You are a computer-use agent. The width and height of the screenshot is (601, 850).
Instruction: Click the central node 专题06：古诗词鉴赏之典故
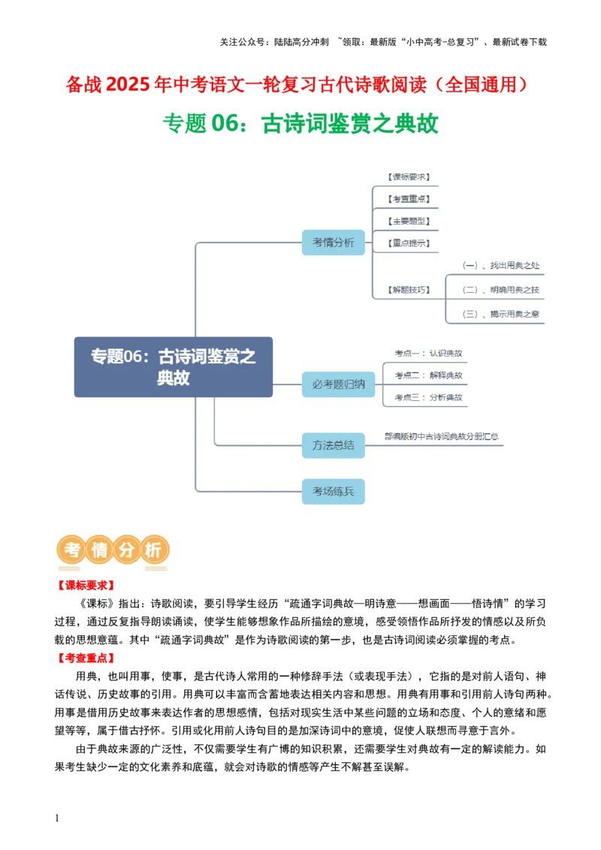pos(174,367)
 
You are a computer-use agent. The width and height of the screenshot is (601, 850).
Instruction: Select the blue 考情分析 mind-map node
pos(333,243)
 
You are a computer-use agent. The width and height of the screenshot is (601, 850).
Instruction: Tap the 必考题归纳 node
pos(338,384)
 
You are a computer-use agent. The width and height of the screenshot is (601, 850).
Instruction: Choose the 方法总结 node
pos(333,445)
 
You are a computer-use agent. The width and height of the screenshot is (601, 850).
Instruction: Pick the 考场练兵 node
pos(333,491)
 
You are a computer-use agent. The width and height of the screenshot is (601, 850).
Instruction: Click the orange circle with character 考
pos(74,550)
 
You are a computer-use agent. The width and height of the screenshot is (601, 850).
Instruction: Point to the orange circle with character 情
pos(99,550)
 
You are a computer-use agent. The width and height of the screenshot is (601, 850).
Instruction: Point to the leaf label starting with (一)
pos(501,265)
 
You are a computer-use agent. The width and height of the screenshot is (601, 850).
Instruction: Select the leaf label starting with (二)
pos(501,289)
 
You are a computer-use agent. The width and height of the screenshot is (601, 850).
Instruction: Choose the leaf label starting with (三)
pos(501,313)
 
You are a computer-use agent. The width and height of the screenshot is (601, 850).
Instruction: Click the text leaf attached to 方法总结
pos(441,437)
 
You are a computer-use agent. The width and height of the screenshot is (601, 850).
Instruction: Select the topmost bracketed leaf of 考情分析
pos(409,177)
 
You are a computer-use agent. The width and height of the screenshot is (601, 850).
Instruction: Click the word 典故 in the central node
pos(174,378)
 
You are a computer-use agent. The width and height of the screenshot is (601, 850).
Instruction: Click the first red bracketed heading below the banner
pos(86,586)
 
